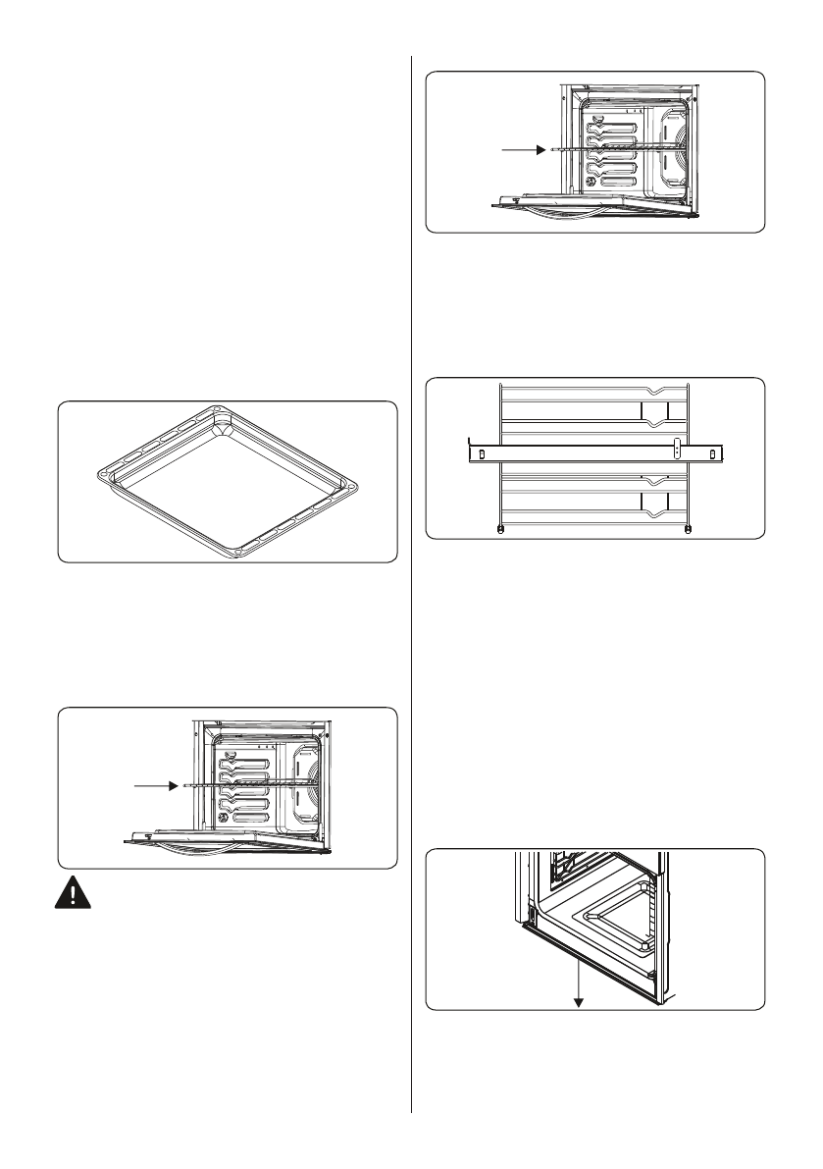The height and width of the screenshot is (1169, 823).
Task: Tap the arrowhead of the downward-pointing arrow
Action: (x=579, y=1002)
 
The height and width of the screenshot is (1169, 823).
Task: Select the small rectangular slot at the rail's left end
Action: (x=481, y=454)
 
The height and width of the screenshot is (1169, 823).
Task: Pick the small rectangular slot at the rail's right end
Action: (x=713, y=454)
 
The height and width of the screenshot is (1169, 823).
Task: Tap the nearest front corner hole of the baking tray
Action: (x=234, y=553)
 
